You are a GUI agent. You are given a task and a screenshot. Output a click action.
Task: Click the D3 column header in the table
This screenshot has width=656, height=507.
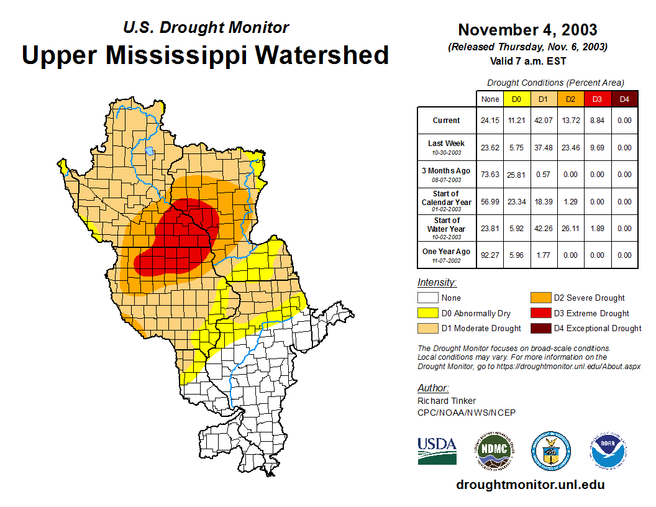pyautogui.click(x=597, y=99)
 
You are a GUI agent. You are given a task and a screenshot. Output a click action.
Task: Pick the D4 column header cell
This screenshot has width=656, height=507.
pyautogui.click(x=624, y=99)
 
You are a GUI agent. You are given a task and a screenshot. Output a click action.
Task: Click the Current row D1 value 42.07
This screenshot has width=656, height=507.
pyautogui.click(x=543, y=121)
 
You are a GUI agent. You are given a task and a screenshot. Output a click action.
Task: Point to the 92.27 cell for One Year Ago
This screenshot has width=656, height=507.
pyautogui.click(x=490, y=255)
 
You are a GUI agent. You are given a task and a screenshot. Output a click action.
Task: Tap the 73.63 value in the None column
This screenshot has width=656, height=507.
pyautogui.click(x=490, y=175)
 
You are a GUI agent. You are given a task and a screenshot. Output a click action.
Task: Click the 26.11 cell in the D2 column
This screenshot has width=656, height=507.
pyautogui.click(x=570, y=229)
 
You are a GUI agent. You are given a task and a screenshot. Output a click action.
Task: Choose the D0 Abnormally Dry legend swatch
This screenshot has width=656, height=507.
pyautogui.click(x=427, y=313)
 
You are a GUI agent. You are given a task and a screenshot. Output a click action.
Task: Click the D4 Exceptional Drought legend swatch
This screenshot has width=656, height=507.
pyautogui.click(x=540, y=328)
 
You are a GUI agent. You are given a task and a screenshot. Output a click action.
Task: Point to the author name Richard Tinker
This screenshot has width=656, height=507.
pyautogui.click(x=447, y=401)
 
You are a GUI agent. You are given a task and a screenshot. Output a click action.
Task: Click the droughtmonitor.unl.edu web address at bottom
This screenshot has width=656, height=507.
pyautogui.click(x=530, y=485)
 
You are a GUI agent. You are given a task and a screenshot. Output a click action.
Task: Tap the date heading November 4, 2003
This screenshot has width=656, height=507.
pyautogui.click(x=527, y=30)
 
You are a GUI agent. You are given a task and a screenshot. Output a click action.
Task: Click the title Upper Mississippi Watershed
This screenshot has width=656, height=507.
pyautogui.click(x=205, y=55)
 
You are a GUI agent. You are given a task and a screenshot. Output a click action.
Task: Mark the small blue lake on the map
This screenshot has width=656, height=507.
pyautogui.click(x=149, y=150)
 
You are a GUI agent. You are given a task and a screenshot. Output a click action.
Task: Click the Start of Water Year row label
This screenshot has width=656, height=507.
pyautogui.click(x=447, y=229)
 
